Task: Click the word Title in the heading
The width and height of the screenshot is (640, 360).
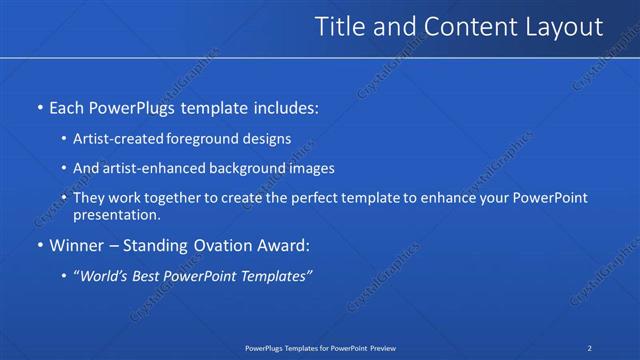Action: tap(339, 28)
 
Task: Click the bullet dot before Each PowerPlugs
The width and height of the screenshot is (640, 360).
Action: tap(39, 106)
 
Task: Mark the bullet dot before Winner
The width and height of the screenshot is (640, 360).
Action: tap(39, 245)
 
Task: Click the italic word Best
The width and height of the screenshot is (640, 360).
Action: tap(151, 275)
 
